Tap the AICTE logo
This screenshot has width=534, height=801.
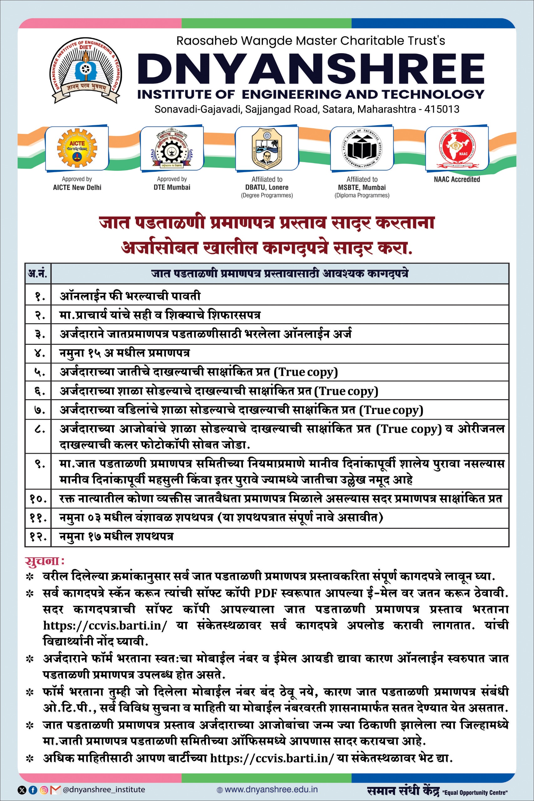(77, 148)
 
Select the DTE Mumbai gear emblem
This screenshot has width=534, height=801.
(172, 148)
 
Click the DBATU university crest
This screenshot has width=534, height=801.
(267, 149)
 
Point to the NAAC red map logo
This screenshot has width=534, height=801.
(456, 148)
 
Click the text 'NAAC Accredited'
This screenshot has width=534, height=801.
(457, 179)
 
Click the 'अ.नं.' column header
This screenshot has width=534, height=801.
(38, 273)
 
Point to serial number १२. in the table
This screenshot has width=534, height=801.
(38, 537)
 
